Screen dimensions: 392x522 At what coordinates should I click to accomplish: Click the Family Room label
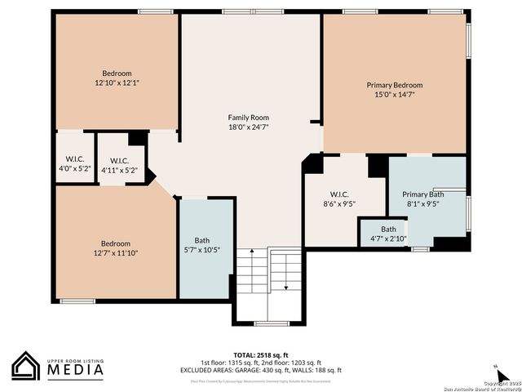click(248, 118)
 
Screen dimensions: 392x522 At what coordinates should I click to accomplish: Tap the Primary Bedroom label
click(395, 85)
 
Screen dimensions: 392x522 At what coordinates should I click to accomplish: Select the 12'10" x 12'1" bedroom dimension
click(117, 82)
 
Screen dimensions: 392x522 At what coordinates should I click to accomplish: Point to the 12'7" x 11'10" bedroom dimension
click(115, 252)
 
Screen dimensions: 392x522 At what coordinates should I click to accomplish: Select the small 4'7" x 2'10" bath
click(388, 234)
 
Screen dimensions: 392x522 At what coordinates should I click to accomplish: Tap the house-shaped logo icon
click(26, 366)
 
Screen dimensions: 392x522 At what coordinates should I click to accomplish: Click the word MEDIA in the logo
click(75, 371)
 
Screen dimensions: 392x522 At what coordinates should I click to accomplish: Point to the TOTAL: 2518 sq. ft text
click(261, 355)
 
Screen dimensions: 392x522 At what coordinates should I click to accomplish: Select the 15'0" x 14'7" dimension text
click(395, 95)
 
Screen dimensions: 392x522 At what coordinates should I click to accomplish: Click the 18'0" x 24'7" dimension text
click(248, 127)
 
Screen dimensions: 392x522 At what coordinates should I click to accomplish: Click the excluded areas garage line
click(261, 370)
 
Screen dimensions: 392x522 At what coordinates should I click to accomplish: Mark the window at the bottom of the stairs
click(272, 324)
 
